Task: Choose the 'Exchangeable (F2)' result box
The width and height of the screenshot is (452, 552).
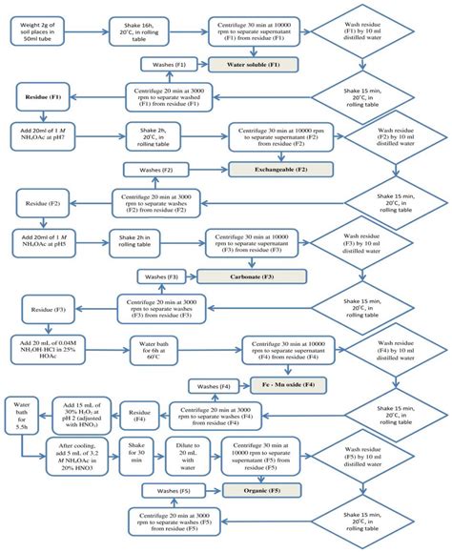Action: pos(259,169)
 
